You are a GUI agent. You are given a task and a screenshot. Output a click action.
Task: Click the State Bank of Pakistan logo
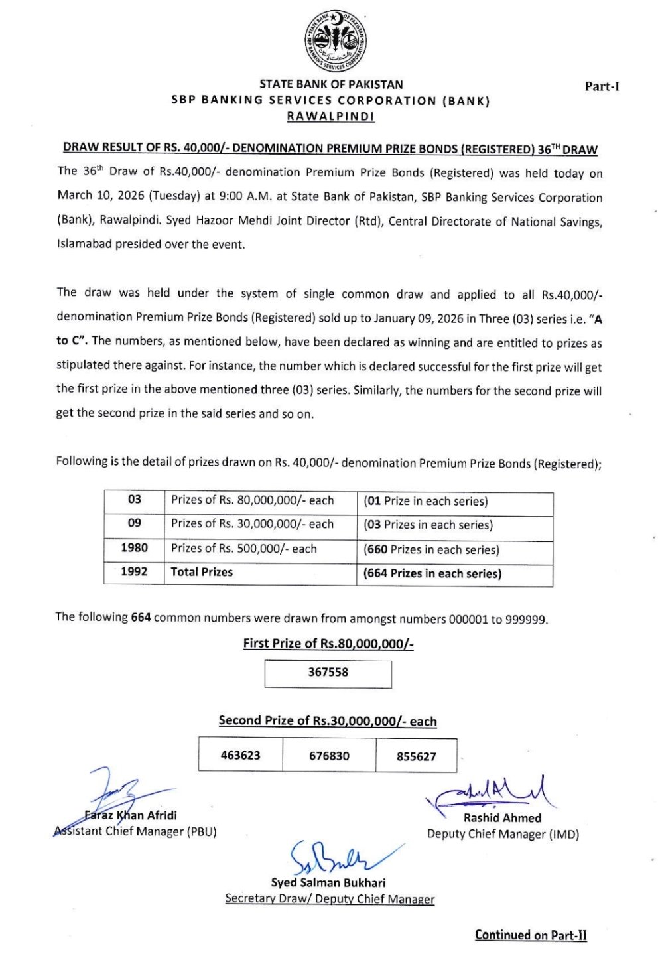[x=336, y=42]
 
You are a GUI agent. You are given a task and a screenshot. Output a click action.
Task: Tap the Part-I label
[x=602, y=86]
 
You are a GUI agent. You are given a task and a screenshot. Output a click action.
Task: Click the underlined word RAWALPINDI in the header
[x=330, y=117]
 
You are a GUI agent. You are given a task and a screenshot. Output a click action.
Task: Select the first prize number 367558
[x=328, y=673]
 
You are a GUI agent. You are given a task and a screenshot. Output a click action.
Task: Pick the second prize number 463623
[x=240, y=756]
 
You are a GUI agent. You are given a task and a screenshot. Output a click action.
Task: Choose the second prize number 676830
[x=329, y=756]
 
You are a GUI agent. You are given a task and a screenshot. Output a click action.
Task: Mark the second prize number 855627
[x=417, y=756]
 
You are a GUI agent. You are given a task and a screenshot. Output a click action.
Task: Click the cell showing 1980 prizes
[x=134, y=548]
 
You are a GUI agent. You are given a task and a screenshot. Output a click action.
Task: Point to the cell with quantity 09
[x=134, y=523]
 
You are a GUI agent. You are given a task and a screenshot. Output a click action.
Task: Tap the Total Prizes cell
[x=202, y=572]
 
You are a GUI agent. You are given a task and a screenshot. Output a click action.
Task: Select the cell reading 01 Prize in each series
[x=425, y=502]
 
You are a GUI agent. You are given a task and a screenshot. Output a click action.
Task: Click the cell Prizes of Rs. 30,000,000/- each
[x=252, y=524]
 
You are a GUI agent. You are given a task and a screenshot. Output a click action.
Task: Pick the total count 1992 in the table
[x=134, y=572]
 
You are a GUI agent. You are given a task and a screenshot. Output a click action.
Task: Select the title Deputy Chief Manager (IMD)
[x=503, y=835]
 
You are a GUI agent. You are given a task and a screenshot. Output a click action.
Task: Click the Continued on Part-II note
[x=531, y=935]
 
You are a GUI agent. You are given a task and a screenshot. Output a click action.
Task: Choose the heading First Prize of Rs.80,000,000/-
[x=328, y=644]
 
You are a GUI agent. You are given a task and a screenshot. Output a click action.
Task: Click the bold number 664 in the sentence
[x=141, y=618]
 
